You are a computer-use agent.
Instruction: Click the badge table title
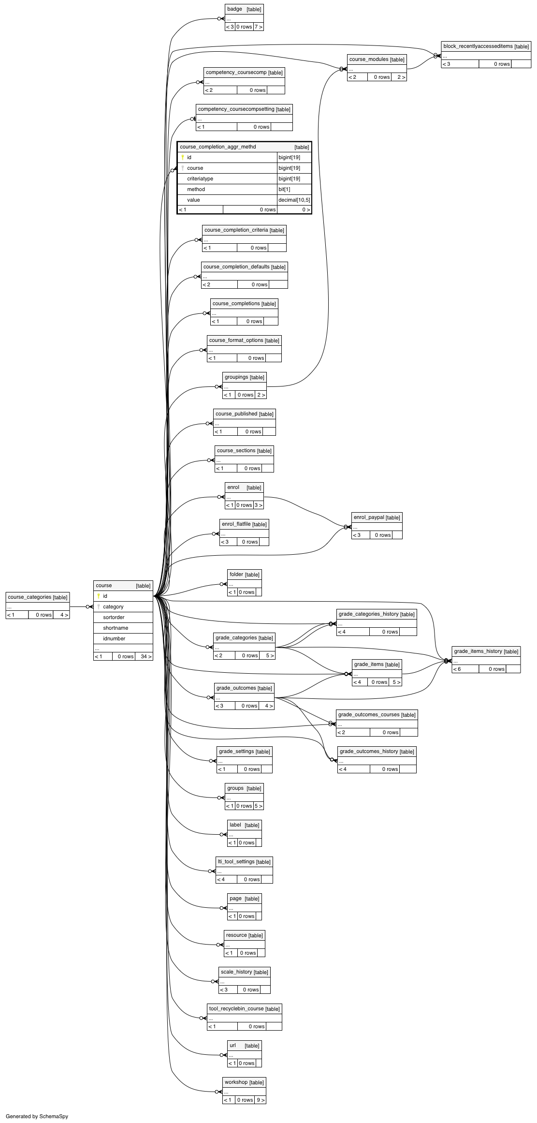[x=234, y=9]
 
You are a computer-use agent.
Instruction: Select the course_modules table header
[x=377, y=59]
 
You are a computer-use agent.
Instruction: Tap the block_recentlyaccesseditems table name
[x=478, y=46]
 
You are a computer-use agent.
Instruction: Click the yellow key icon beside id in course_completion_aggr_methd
[x=183, y=157]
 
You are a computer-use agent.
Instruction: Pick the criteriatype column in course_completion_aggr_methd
[x=200, y=179]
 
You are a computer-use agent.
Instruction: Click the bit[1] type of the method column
[x=284, y=190]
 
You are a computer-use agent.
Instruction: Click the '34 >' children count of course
[x=146, y=656]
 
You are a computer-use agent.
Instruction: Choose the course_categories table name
[x=29, y=597]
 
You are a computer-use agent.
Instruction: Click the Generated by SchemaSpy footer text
[x=37, y=1116]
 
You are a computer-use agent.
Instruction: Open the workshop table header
[x=244, y=1082]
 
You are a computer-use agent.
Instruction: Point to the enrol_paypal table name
[x=369, y=517]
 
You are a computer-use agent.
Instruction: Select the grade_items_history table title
[x=478, y=651]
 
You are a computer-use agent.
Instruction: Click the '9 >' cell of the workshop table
[x=260, y=1100]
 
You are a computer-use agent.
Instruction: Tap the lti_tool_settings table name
[x=236, y=862]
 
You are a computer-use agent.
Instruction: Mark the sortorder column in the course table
[x=114, y=617]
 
